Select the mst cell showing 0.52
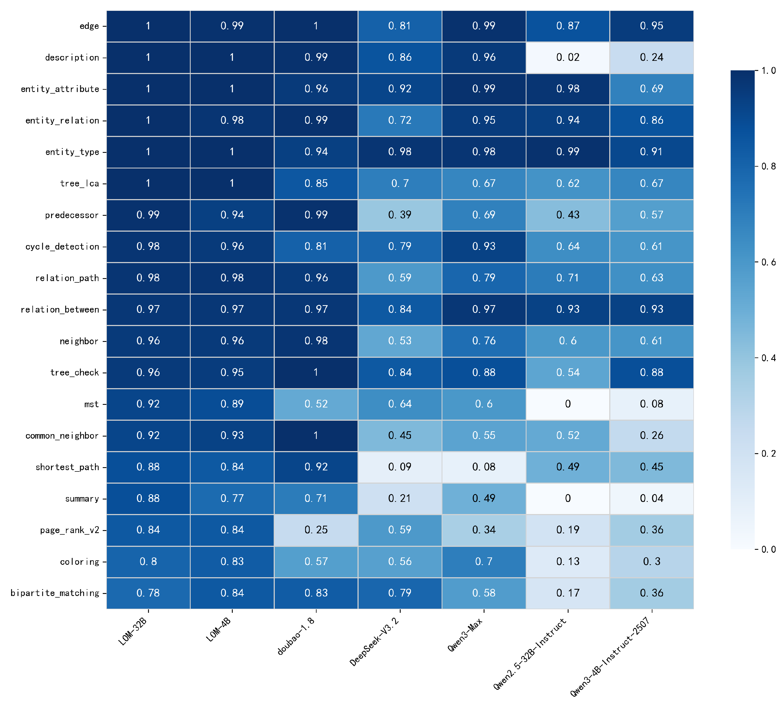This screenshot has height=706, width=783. tap(316, 404)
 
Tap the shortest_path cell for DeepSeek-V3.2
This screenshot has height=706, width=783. tap(400, 467)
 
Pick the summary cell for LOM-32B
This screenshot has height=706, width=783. tap(148, 498)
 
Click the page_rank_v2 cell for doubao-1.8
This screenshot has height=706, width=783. tap(316, 530)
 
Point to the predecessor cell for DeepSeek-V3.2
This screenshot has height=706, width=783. tap(400, 215)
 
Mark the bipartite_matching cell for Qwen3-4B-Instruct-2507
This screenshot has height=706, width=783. tap(652, 593)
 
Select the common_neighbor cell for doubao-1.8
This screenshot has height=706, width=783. tap(316, 435)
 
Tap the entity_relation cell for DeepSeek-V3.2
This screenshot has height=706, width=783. tap(400, 120)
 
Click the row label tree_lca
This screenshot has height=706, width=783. tap(80, 184)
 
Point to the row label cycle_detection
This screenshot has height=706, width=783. tap(62, 247)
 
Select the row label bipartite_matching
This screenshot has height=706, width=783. tap(55, 593)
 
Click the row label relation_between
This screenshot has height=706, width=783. tap(60, 310)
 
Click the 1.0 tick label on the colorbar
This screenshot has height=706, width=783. tap(768, 71)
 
